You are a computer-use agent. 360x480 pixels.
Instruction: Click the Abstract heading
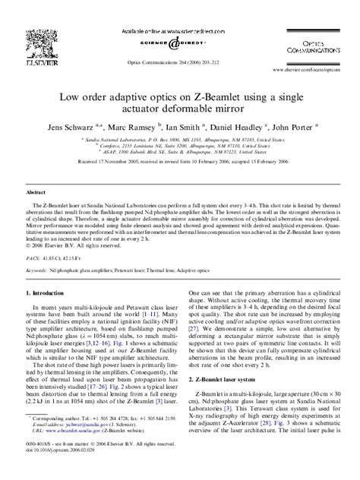(36, 194)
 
